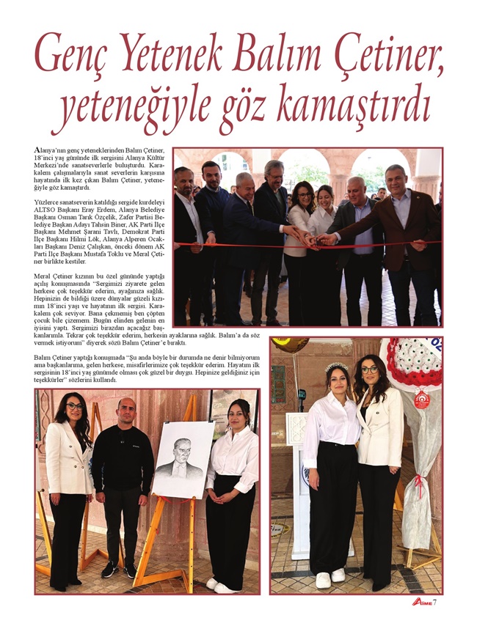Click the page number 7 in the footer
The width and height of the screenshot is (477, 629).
coord(436,603)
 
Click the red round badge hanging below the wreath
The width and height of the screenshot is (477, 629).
coord(420,399)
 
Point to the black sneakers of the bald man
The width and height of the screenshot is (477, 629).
coord(119,570)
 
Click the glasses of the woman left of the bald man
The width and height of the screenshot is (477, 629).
coord(73,406)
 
